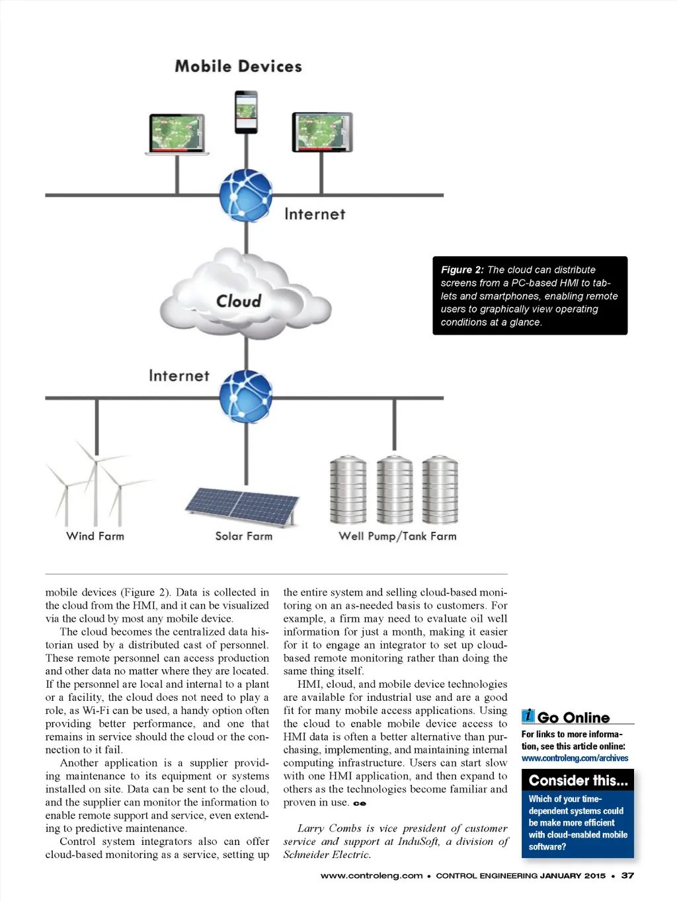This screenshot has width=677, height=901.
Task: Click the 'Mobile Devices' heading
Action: (x=238, y=67)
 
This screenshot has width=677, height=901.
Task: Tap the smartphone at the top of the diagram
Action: (x=246, y=112)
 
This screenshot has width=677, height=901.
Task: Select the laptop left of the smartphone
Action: (x=177, y=134)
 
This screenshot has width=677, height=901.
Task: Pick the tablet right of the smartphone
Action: (x=322, y=132)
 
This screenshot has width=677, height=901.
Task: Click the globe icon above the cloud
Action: (x=246, y=195)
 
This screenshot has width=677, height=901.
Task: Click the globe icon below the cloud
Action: (x=246, y=396)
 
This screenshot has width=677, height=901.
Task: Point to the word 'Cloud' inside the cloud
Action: (x=239, y=301)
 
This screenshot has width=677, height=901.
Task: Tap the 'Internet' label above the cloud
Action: (x=315, y=215)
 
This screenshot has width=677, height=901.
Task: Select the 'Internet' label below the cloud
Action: (x=179, y=376)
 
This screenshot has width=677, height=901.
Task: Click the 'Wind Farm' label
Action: (x=95, y=536)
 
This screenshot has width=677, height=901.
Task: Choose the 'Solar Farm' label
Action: (x=243, y=536)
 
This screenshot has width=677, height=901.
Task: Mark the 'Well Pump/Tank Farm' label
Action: (x=397, y=536)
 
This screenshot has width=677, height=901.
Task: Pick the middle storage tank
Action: (x=395, y=489)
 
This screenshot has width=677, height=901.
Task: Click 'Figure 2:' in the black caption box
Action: (x=462, y=270)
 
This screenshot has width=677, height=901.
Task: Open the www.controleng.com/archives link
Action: (x=575, y=758)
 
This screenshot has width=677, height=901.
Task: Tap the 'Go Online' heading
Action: (x=573, y=717)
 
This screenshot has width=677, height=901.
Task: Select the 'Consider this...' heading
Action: (x=578, y=781)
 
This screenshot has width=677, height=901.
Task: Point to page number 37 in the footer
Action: (x=627, y=876)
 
